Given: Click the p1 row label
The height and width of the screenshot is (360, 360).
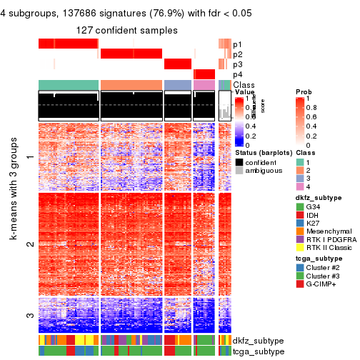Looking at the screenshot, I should click(x=237, y=44).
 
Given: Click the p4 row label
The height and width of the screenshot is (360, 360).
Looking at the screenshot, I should click(x=237, y=74).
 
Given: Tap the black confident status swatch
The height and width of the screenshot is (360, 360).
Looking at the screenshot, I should click(x=239, y=162).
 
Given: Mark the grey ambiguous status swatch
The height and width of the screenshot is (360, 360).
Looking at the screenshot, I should click(x=239, y=171).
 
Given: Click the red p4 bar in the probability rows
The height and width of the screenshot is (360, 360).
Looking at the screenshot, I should click(x=204, y=74).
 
